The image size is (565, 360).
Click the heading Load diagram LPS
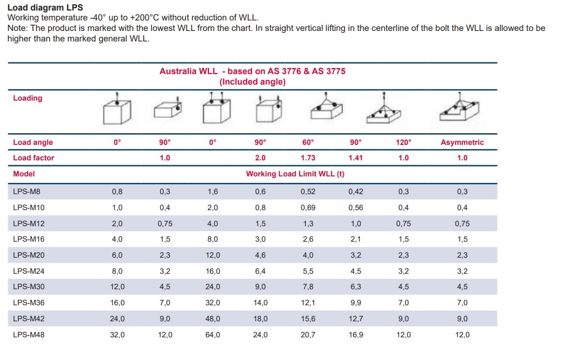tap(45, 8)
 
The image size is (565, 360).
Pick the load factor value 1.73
tap(308, 158)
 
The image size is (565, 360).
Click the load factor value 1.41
tap(355, 158)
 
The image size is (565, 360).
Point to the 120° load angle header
tap(404, 142)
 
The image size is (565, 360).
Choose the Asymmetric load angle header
tap(462, 142)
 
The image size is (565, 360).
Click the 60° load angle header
tap(308, 142)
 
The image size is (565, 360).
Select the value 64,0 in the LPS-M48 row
tap(213, 335)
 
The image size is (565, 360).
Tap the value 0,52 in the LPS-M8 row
tap(308, 191)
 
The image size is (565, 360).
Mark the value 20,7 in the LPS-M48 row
tap(308, 335)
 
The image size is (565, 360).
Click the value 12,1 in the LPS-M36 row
tap(308, 302)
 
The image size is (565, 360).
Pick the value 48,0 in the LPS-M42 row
tap(213, 319)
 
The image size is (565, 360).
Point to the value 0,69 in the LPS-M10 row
tap(308, 207)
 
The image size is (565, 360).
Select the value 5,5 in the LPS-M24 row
tap(308, 271)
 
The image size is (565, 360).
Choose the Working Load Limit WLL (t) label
tap(295, 174)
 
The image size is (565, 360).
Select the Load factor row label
tap(34, 158)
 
